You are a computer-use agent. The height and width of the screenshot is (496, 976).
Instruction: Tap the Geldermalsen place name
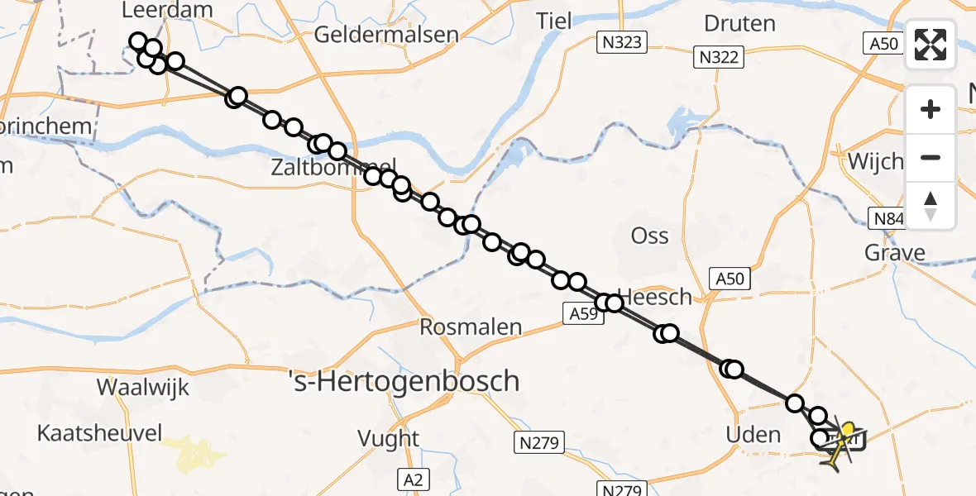[386, 35]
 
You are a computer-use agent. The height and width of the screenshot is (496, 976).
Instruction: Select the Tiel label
[554, 21]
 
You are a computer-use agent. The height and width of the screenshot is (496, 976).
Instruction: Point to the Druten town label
[739, 23]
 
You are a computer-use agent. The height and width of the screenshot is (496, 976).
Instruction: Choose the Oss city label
[649, 236]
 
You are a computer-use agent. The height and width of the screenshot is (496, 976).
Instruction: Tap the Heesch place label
[654, 297]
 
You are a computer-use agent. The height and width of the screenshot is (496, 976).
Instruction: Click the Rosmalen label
[471, 327]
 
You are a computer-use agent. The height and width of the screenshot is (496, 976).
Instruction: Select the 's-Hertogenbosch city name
[404, 381]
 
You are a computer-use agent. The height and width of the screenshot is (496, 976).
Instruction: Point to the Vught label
[388, 438]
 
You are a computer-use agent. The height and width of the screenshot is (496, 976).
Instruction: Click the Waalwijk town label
[143, 387]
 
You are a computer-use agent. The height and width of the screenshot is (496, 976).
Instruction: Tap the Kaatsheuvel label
[100, 432]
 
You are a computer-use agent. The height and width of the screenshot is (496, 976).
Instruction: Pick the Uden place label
[752, 435]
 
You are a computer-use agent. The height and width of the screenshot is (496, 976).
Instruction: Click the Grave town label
[894, 253]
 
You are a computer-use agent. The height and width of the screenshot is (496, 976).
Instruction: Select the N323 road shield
[622, 42]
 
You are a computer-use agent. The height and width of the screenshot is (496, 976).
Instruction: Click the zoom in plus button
[931, 109]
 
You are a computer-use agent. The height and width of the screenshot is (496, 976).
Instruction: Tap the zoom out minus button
[931, 157]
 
